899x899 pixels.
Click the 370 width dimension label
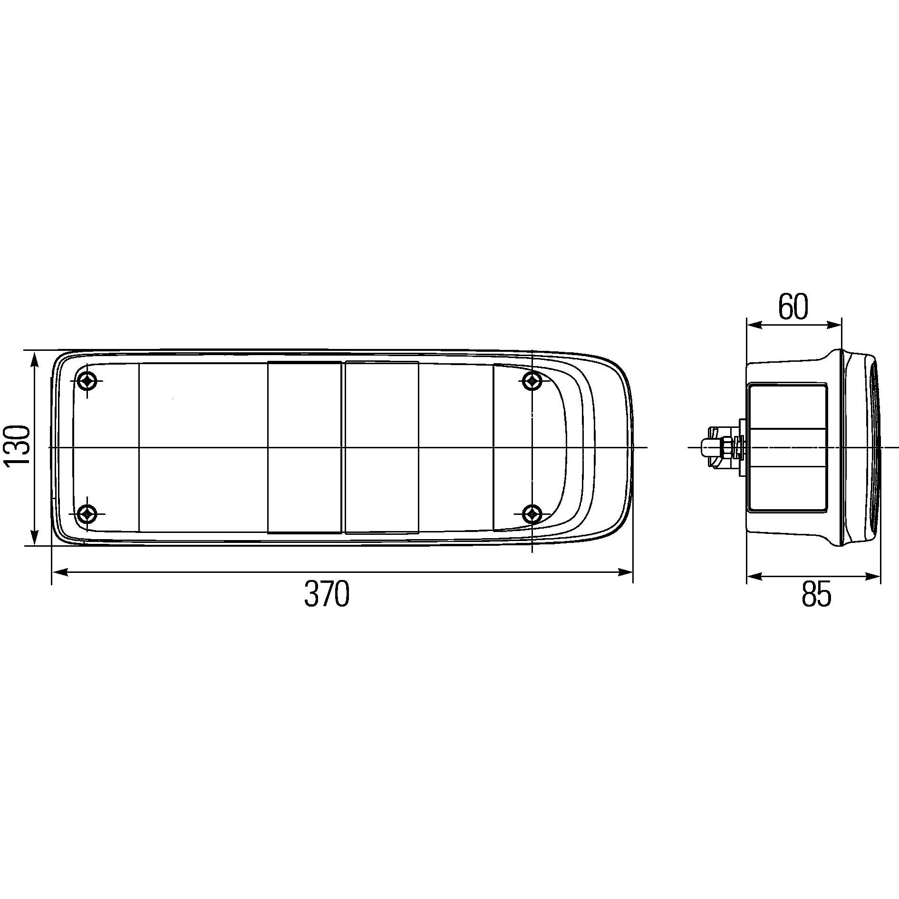click(x=327, y=594)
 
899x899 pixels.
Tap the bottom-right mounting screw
click(x=532, y=514)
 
